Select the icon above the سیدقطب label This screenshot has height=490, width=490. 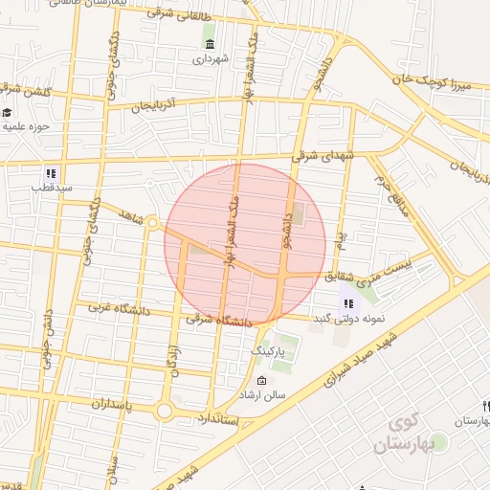[x=51, y=174]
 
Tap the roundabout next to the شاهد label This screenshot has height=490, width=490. [x=152, y=223]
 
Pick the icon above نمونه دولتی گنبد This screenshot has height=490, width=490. [x=347, y=302]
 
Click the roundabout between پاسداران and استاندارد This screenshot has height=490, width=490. [x=164, y=412]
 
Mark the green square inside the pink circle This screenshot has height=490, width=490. [x=298, y=214]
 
